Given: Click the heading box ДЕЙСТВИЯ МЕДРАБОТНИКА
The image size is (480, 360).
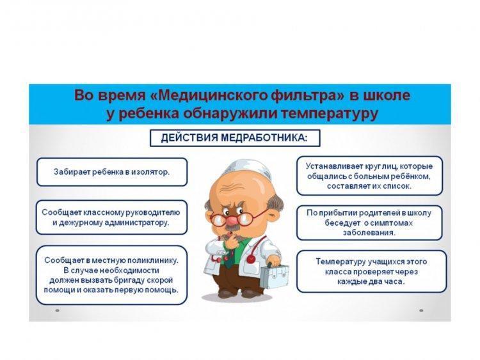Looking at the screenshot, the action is pyautogui.click(x=235, y=138).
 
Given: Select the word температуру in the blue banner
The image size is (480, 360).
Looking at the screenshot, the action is pyautogui.click(x=329, y=113).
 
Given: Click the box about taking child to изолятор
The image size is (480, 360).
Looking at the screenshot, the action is pyautogui.click(x=112, y=172).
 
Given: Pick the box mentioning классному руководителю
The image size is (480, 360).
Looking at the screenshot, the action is pyautogui.click(x=111, y=217).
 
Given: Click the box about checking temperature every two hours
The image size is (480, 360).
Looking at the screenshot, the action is pyautogui.click(x=371, y=271).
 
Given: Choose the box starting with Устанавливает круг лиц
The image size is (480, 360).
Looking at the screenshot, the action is pyautogui.click(x=369, y=176).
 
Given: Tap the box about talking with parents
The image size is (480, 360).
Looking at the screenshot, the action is pyautogui.click(x=369, y=223).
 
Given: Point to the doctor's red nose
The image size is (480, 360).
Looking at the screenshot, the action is pyautogui.click(x=232, y=219).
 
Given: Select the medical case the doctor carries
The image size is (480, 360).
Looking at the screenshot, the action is pyautogui.click(x=275, y=276).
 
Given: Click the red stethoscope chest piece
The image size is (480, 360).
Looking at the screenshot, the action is pyautogui.click(x=251, y=259).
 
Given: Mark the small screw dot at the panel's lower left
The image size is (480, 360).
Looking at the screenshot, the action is pyautogui.click(x=57, y=311).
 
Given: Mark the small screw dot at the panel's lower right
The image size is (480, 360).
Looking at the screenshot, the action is pyautogui.click(x=421, y=311).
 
